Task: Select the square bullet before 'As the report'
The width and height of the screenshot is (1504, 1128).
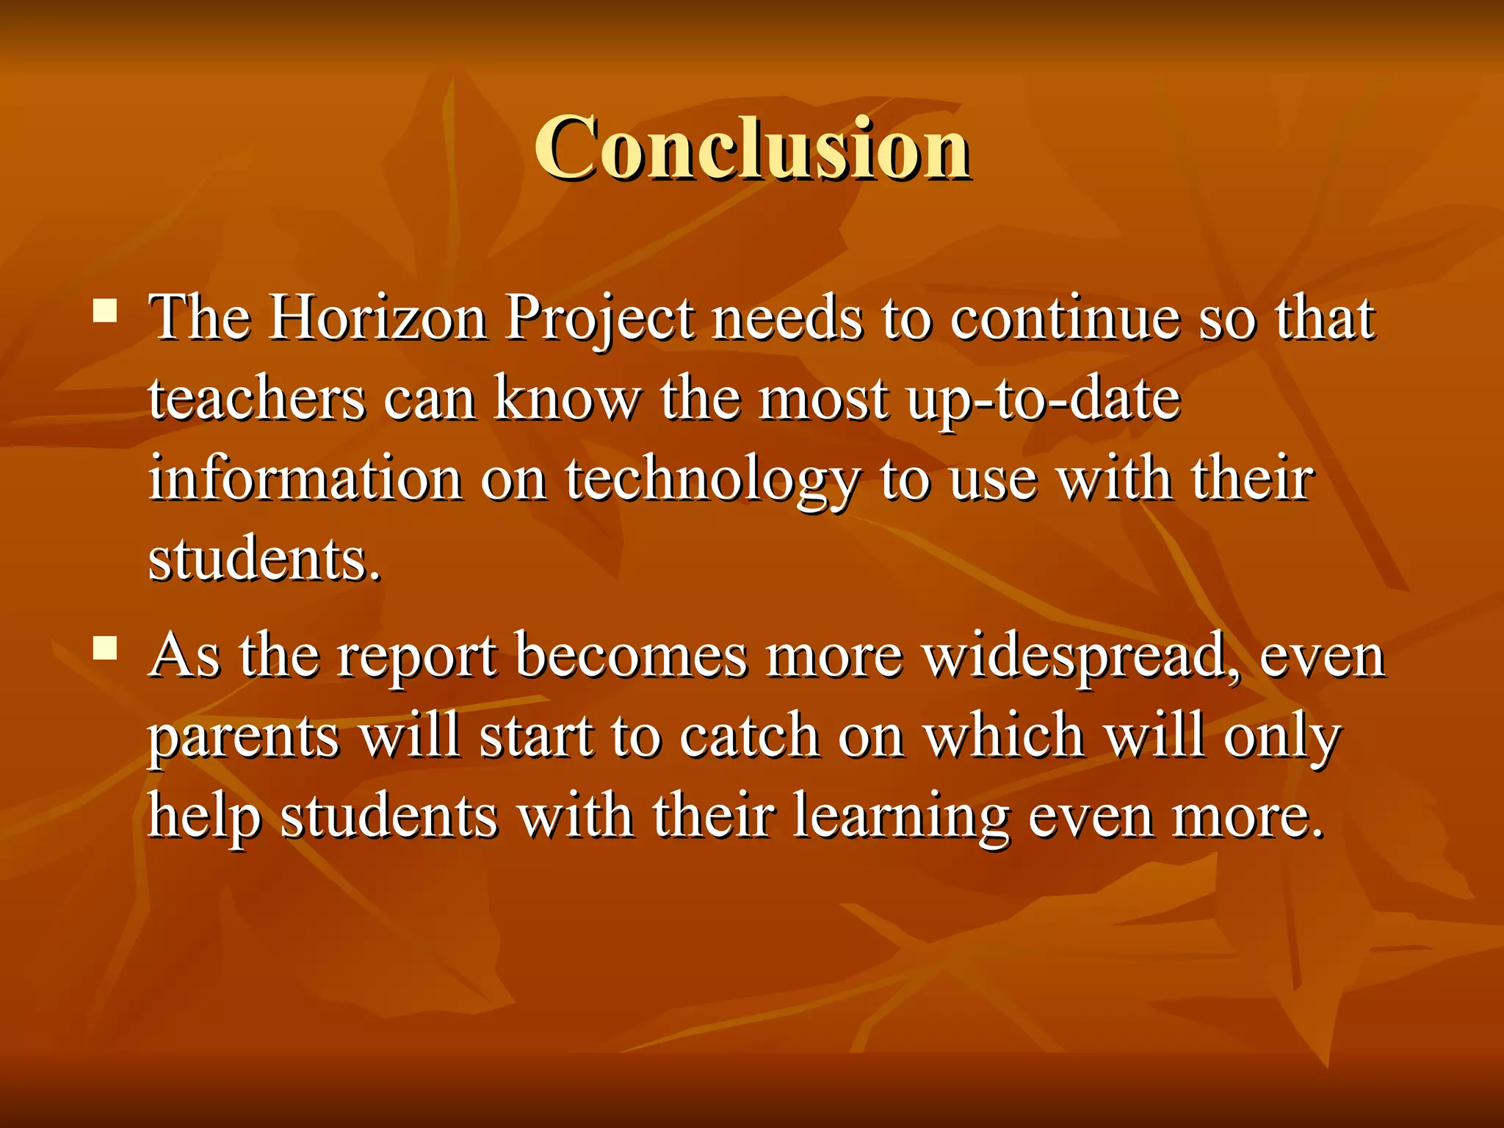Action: [x=106, y=648]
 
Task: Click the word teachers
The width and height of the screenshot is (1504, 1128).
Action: [x=256, y=399]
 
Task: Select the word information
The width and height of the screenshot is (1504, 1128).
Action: [x=305, y=480]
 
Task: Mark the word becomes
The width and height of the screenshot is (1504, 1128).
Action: [x=631, y=655]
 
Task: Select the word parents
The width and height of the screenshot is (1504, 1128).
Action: [x=244, y=737]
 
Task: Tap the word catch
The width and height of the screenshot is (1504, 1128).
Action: [x=749, y=736]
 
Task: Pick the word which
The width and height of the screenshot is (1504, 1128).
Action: [x=1004, y=736]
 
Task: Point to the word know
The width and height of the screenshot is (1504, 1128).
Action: [x=566, y=399]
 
